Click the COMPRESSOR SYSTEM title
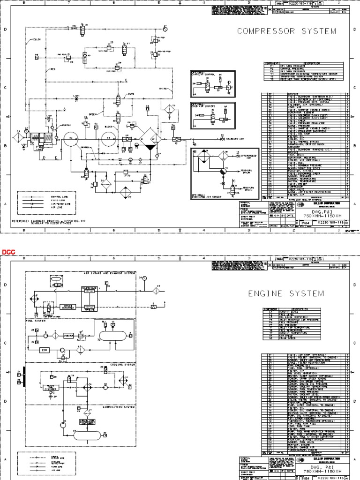pos(286,31)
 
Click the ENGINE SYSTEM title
pos(286,293)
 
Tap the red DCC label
pos(8,252)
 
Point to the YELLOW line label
pos(37,40)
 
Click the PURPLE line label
pos(67,126)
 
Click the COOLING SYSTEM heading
pos(120,364)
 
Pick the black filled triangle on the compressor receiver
pos(150,147)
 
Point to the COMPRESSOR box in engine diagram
pos(89,289)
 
